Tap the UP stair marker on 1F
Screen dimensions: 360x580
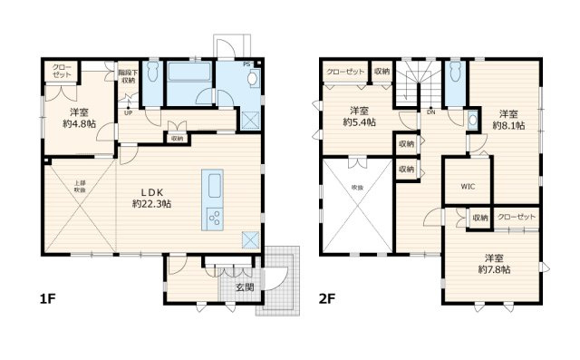click(x=128, y=113)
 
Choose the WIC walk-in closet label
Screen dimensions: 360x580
click(x=468, y=186)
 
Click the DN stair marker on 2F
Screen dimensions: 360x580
click(x=432, y=113)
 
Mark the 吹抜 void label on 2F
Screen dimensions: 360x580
click(x=356, y=186)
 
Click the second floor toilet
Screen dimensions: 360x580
click(x=454, y=71)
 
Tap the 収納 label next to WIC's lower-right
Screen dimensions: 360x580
click(x=479, y=218)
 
